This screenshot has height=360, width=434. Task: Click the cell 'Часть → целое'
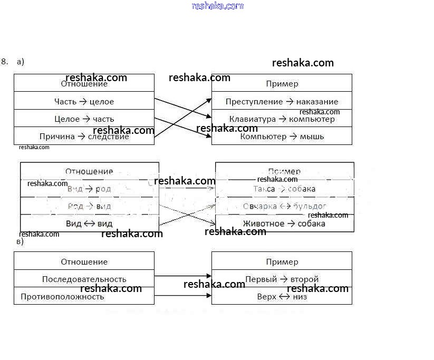point(84,101)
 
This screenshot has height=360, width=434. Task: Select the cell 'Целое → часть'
point(84,119)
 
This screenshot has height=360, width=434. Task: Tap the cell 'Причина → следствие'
point(84,136)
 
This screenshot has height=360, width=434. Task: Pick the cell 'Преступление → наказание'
point(282,101)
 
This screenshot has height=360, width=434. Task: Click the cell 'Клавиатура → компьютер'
point(282,119)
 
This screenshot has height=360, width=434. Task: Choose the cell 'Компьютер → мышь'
point(282,136)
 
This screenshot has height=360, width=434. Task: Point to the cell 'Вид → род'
point(89,189)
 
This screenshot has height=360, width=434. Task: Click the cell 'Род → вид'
point(89,206)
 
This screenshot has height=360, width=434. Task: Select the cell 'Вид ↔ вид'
point(89,223)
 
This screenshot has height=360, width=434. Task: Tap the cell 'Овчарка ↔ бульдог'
point(284,206)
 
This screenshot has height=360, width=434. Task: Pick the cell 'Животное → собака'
point(284,223)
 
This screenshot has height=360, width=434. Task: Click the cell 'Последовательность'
point(84,279)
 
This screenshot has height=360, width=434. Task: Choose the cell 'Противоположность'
point(84,296)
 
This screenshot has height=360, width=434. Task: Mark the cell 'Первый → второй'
point(282,279)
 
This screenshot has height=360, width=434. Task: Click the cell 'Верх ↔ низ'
point(282,296)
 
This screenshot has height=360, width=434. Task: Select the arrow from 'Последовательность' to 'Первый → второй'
point(183,276)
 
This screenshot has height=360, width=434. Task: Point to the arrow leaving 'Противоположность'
point(183,295)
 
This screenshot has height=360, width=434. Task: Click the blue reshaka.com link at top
point(218,6)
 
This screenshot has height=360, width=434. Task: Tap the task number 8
point(4,61)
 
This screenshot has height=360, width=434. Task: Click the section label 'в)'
point(20,241)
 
